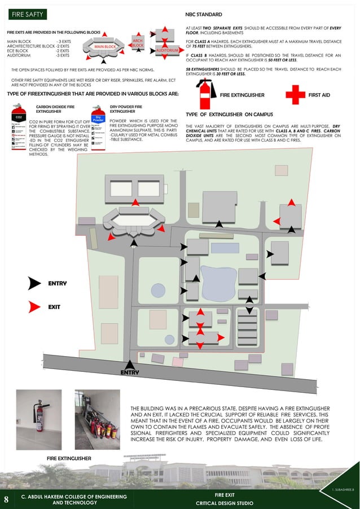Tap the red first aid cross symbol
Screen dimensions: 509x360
(x=295, y=95)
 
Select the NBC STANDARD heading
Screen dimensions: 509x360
(x=204, y=14)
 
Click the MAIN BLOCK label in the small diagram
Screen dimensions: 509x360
(x=105, y=46)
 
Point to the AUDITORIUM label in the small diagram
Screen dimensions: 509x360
(x=168, y=51)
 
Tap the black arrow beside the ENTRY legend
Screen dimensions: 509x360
(x=36, y=283)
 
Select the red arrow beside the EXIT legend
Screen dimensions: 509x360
(x=36, y=307)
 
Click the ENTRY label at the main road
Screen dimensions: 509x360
(x=130, y=372)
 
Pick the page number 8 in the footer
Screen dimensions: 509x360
(x=6, y=499)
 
